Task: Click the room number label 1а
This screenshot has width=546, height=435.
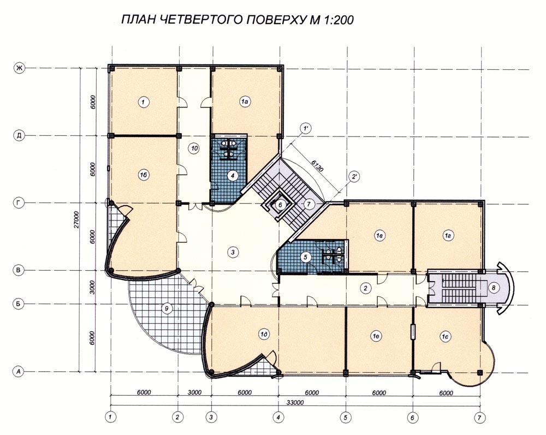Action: (245, 102)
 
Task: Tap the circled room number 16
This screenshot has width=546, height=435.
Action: (143, 175)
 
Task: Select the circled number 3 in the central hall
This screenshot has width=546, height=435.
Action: (233, 252)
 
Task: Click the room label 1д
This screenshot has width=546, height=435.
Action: (265, 335)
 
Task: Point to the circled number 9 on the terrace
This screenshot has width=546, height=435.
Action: (167, 308)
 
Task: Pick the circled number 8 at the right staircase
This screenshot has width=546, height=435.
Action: (494, 288)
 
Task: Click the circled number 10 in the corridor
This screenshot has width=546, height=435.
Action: (194, 148)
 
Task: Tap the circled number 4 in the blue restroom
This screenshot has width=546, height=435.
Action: (232, 176)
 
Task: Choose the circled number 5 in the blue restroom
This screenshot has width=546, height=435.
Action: (305, 257)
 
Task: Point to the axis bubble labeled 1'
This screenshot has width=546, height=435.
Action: (306, 129)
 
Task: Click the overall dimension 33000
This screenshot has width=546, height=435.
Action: (295, 402)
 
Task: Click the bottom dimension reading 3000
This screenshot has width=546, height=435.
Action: (194, 392)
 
